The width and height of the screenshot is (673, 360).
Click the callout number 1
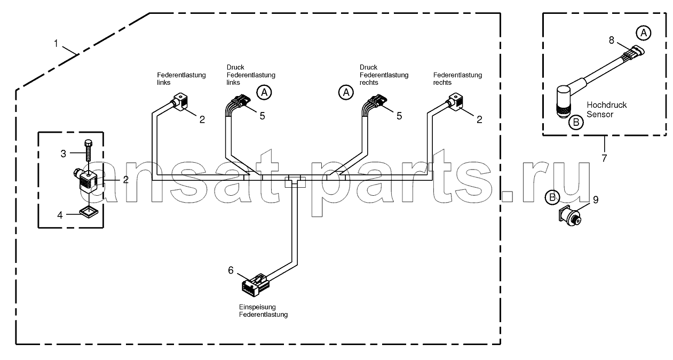point(56,44)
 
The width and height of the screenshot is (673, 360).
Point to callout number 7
point(604,158)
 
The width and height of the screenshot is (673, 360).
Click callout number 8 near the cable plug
point(612,40)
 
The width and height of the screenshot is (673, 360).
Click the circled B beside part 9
point(552,197)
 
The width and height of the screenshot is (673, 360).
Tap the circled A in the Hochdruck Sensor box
point(643,33)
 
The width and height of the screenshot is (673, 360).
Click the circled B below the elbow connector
point(576,122)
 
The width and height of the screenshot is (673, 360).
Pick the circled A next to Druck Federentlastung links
point(264,92)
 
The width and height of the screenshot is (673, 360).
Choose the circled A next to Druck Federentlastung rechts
point(346,92)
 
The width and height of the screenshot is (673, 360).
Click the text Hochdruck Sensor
point(606,109)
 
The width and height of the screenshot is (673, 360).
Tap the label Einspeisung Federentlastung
point(263,311)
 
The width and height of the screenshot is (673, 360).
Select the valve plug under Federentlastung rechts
point(455,102)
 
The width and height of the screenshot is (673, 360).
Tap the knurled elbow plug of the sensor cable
point(563,101)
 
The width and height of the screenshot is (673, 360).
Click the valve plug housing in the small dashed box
point(89,181)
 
